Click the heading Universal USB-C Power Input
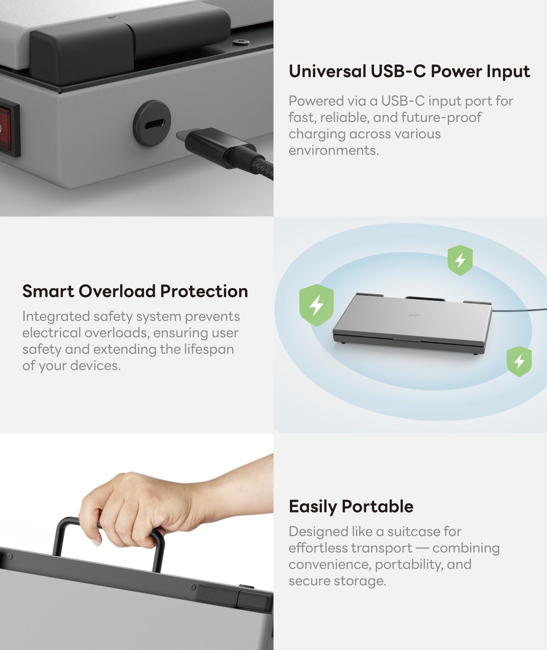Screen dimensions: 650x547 coord(409,72)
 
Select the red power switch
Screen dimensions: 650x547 coord(8,127)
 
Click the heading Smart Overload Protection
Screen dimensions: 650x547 coord(135,291)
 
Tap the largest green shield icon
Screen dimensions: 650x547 coord(316,305)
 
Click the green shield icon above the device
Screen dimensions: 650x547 coord(460,260)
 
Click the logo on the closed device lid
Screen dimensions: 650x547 coord(415,316)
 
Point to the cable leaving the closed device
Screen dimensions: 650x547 coord(519,310)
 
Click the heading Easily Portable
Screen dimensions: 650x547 coord(351,506)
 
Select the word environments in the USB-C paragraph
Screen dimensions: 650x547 coord(333,150)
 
